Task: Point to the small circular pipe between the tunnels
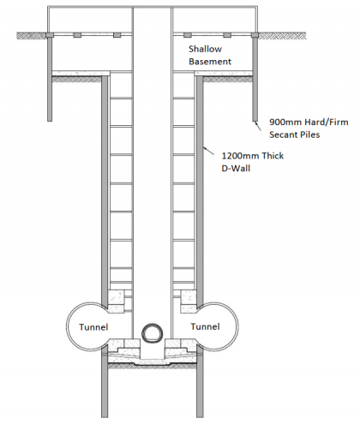pyautogui.click(x=152, y=331)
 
